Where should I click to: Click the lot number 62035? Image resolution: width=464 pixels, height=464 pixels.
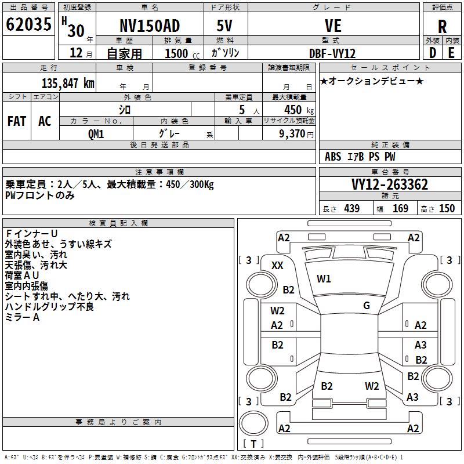(x=29, y=25)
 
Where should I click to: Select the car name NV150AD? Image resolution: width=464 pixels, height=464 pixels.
(x=150, y=26)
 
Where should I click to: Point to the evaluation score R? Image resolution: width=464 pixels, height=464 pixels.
(x=442, y=27)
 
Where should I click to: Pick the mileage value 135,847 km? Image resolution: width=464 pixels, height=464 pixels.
(x=68, y=83)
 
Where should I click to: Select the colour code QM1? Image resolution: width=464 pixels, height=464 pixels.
(x=96, y=133)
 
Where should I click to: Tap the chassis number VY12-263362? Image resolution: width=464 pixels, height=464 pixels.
(x=390, y=185)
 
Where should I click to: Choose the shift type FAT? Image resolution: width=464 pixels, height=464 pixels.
(x=17, y=121)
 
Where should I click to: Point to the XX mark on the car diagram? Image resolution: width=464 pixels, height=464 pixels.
(x=278, y=265)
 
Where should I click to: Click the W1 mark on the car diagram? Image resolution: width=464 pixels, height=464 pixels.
(x=324, y=279)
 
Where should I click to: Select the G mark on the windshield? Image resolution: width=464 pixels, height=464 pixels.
(x=366, y=305)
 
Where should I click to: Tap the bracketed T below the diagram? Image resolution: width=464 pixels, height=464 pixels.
(x=253, y=444)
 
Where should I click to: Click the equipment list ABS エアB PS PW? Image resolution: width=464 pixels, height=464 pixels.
(x=360, y=157)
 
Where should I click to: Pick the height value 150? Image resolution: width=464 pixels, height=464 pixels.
(x=447, y=209)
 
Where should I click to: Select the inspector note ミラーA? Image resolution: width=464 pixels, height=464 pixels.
(x=22, y=317)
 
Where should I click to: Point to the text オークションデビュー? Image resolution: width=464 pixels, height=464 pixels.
(x=372, y=81)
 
